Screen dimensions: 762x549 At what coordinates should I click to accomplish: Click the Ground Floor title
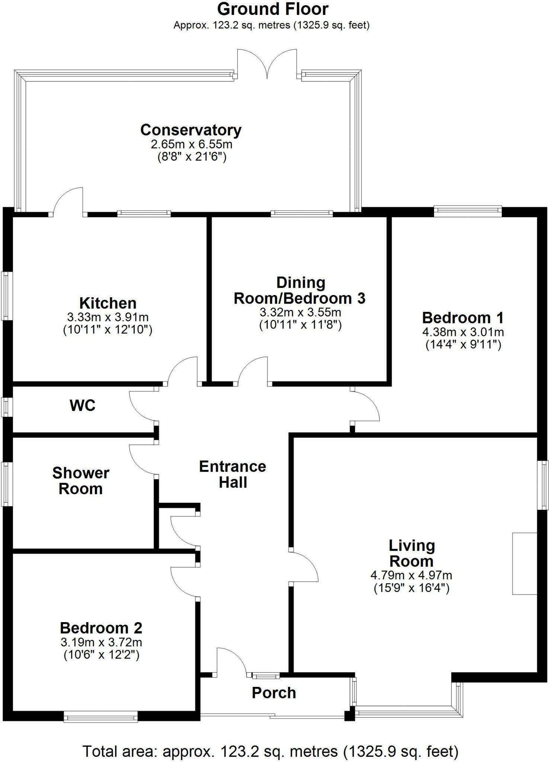pyautogui.click(x=273, y=9)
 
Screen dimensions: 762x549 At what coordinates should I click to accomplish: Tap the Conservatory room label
pyautogui.click(x=191, y=130)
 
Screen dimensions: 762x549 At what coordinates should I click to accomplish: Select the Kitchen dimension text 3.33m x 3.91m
pyautogui.click(x=108, y=317)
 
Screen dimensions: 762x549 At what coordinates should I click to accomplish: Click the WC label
pyautogui.click(x=83, y=405)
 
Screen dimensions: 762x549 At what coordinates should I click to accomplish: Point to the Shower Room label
pyautogui.click(x=81, y=481)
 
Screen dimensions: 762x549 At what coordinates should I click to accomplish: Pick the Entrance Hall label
pyautogui.click(x=233, y=474)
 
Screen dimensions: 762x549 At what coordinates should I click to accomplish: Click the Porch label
pyautogui.click(x=274, y=693)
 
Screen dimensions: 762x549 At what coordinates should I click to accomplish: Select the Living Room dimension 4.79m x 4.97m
pyautogui.click(x=411, y=575)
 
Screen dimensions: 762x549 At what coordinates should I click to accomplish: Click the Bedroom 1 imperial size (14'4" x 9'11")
pyautogui.click(x=463, y=345)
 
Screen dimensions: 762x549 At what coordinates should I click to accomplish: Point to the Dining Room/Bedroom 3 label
pyautogui.click(x=300, y=291)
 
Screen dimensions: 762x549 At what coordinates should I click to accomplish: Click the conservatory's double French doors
pyautogui.click(x=267, y=63)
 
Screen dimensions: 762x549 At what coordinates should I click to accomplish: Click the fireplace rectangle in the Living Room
pyautogui.click(x=524, y=563)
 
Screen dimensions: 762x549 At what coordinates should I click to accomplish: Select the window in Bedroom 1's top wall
pyautogui.click(x=468, y=211)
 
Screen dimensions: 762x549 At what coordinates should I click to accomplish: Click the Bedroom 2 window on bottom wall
pyautogui.click(x=100, y=716)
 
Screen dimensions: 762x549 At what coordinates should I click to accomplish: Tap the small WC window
pyautogui.click(x=6, y=407)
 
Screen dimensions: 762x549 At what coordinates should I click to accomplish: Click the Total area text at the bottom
pyautogui.click(x=270, y=749)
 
